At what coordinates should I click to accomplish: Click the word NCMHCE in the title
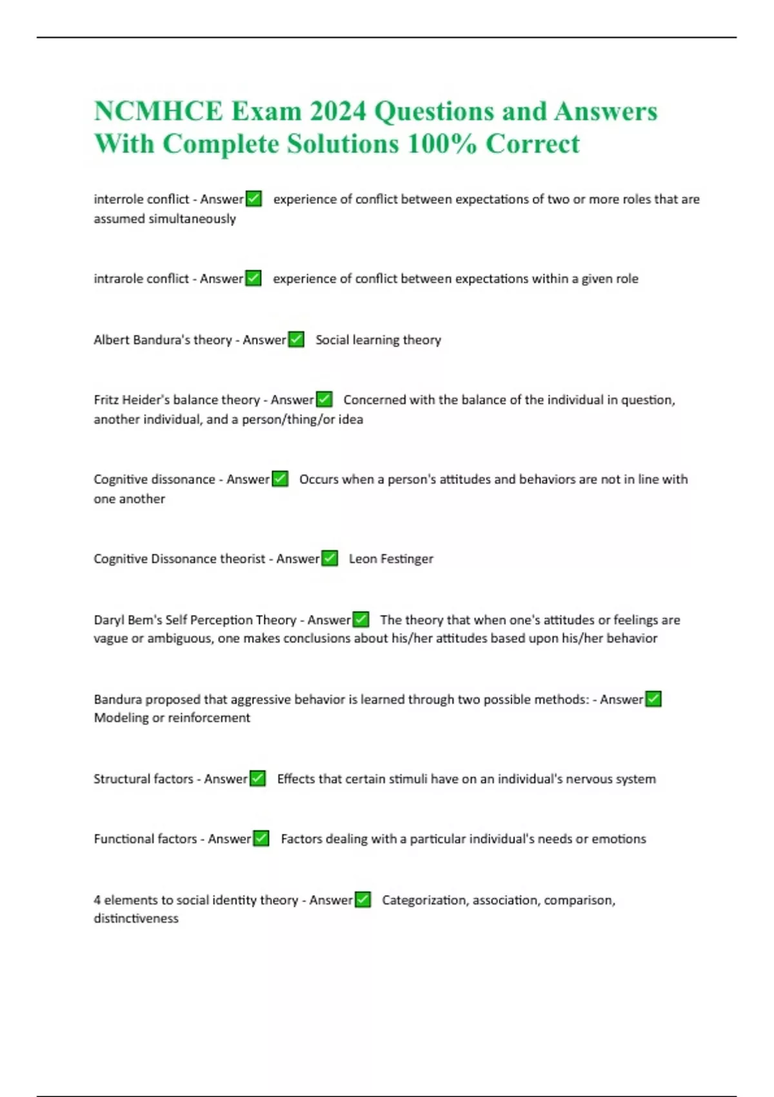pos(158,111)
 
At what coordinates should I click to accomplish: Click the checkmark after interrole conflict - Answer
pos(254,199)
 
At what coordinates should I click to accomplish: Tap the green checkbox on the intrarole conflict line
pos(253,278)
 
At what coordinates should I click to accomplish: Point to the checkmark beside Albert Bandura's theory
pos(296,339)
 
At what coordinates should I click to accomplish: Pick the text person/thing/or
pos(288,419)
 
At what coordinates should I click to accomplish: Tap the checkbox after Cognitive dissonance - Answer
pos(280,479)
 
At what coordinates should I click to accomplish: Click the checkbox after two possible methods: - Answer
pos(653,699)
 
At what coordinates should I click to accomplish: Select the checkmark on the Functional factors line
pos(261,838)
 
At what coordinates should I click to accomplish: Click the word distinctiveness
pos(136,918)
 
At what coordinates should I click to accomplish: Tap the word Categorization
pos(424,900)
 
